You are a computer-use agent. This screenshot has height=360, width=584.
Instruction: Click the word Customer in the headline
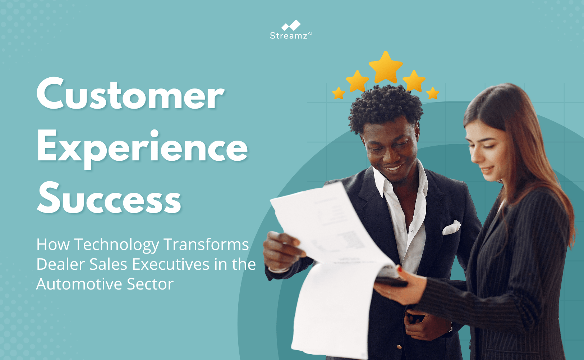[130, 94]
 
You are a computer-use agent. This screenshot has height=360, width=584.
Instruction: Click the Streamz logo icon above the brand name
[291, 26]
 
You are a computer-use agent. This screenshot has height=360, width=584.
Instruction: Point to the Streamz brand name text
[289, 36]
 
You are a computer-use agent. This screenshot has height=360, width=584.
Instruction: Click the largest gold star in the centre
[385, 67]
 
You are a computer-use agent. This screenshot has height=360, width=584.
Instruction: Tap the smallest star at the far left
[338, 93]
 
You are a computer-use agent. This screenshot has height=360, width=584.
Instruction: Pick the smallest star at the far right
[433, 93]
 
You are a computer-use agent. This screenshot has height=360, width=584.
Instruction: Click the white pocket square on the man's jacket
[451, 228]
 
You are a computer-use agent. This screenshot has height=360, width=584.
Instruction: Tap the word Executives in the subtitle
[171, 264]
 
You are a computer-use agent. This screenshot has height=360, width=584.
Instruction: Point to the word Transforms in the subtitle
[206, 245]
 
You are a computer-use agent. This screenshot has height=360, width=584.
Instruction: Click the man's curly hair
[385, 106]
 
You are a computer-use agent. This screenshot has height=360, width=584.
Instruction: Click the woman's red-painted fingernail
[399, 269]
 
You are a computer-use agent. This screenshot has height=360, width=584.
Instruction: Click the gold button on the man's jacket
[399, 347]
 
